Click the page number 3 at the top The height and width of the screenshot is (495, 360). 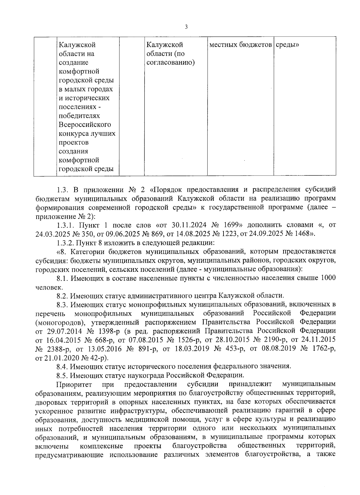186,27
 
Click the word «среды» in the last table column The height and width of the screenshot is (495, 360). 287,45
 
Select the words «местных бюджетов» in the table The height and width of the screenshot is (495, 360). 240,45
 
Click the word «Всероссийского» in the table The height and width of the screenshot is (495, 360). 85,124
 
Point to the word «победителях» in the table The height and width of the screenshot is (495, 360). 79,116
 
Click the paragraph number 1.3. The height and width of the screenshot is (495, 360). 63,190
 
